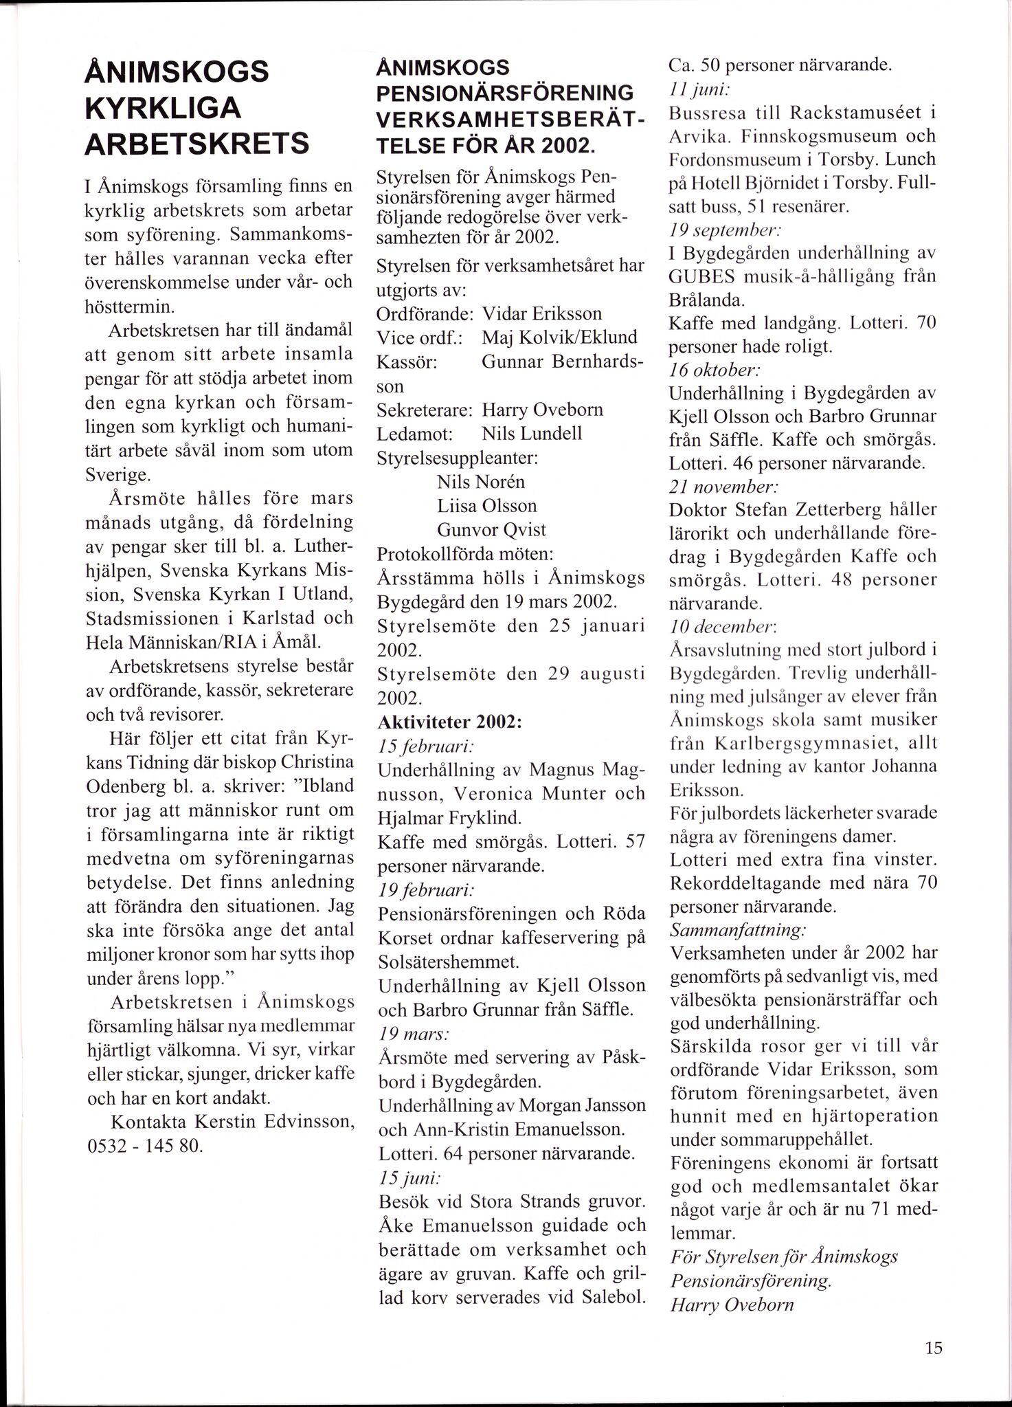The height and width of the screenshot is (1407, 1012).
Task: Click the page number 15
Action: pos(934,1348)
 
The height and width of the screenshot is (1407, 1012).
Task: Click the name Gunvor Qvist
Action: pos(491,530)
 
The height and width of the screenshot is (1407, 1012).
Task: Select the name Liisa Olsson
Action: pos(486,506)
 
